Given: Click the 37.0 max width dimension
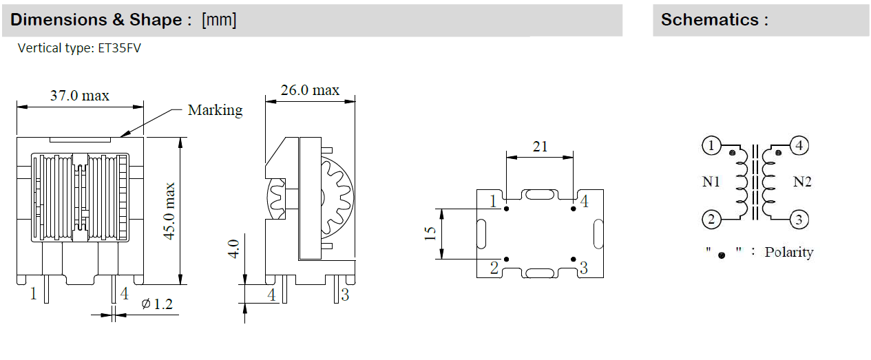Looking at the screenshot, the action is click(80, 96).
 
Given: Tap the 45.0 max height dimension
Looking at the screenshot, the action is click(169, 211).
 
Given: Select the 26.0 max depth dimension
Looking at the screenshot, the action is click(310, 90).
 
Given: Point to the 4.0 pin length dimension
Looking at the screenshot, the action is click(233, 248).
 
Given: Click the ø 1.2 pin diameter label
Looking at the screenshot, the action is click(157, 304).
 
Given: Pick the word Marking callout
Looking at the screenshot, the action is click(215, 110).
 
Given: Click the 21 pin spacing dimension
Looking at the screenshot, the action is click(540, 147).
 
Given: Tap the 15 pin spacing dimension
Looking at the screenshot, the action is click(430, 233).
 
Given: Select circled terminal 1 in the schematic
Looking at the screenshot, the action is click(711, 146).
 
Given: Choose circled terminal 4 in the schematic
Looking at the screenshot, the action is click(799, 146).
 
